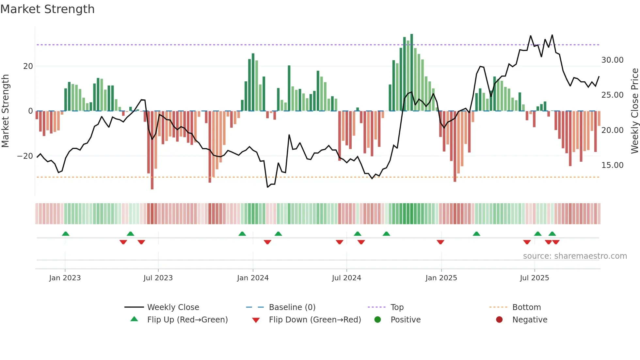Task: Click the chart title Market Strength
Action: [47, 9]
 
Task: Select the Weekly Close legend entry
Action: [173, 307]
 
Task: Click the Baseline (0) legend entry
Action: [292, 307]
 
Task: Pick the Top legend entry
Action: [397, 307]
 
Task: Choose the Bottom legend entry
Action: [526, 307]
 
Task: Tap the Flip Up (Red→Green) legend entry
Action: [187, 320]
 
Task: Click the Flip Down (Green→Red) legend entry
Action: [315, 320]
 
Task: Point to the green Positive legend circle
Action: [377, 320]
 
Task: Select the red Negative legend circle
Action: [499, 320]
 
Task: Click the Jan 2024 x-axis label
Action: [253, 278]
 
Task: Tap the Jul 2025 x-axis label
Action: [535, 278]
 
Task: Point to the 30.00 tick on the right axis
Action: [612, 60]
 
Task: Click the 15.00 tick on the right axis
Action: [612, 165]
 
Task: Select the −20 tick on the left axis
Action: [25, 156]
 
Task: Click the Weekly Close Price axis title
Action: [634, 111]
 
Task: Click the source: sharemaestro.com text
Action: [575, 256]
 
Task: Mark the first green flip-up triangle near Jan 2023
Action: [66, 234]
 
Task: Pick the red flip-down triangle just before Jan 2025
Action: [440, 242]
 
